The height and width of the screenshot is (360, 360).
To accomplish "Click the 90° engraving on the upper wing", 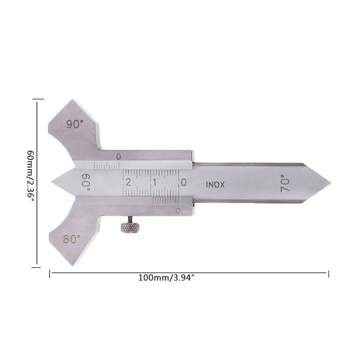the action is (75, 124).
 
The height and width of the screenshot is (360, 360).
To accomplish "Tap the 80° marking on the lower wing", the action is (72, 239).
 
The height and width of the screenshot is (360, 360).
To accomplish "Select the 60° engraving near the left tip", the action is (86, 182).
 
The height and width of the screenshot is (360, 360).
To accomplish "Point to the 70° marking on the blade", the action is (285, 183).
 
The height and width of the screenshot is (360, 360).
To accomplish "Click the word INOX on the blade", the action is (215, 184).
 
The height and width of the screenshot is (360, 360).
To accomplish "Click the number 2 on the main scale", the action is (128, 182).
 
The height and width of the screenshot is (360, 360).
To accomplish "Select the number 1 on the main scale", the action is (155, 182).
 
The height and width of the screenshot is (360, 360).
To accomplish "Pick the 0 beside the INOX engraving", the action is (184, 182).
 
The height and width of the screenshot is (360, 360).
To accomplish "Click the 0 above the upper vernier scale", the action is (118, 157).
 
